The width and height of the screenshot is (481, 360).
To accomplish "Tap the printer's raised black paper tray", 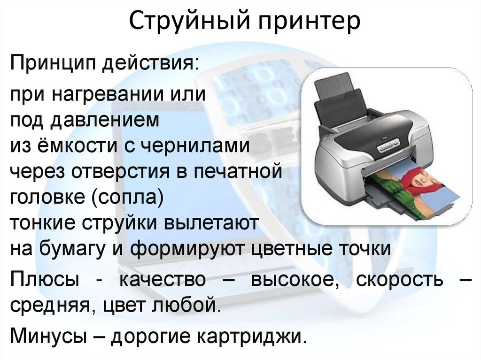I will point(339,101).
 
